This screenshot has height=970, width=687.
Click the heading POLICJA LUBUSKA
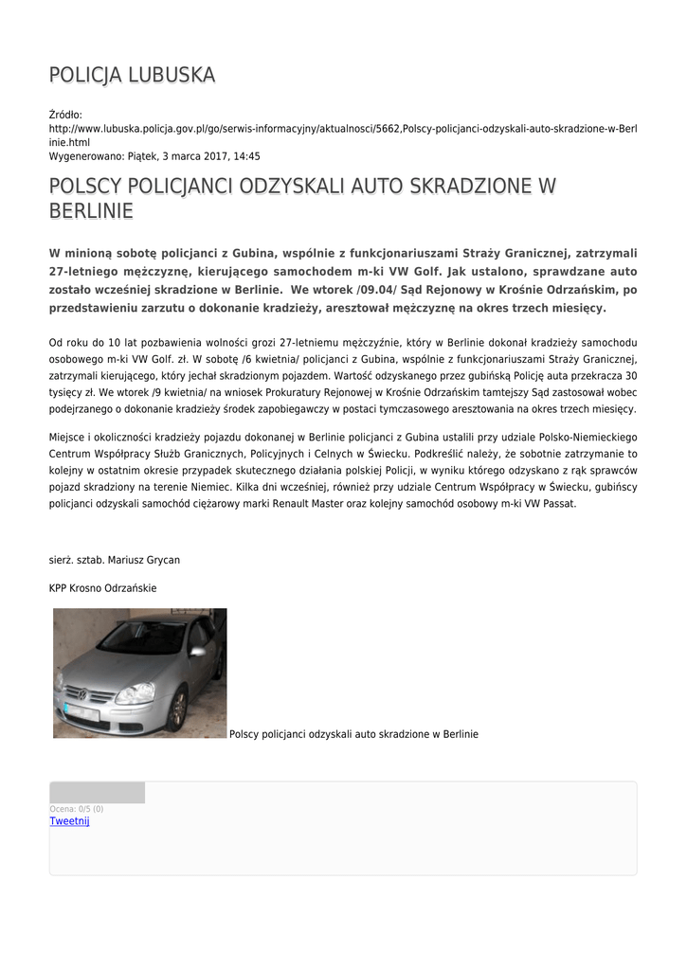(x=132, y=75)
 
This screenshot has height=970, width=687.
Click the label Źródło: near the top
(x=66, y=115)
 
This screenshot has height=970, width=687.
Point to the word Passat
(x=556, y=504)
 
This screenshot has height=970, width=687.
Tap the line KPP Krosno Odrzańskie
(x=102, y=588)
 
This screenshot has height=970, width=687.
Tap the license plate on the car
(x=80, y=711)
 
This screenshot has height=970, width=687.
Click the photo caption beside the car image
(x=354, y=733)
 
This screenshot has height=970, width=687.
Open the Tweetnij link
(x=69, y=821)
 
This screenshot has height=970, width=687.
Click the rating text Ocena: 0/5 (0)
(x=77, y=809)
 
